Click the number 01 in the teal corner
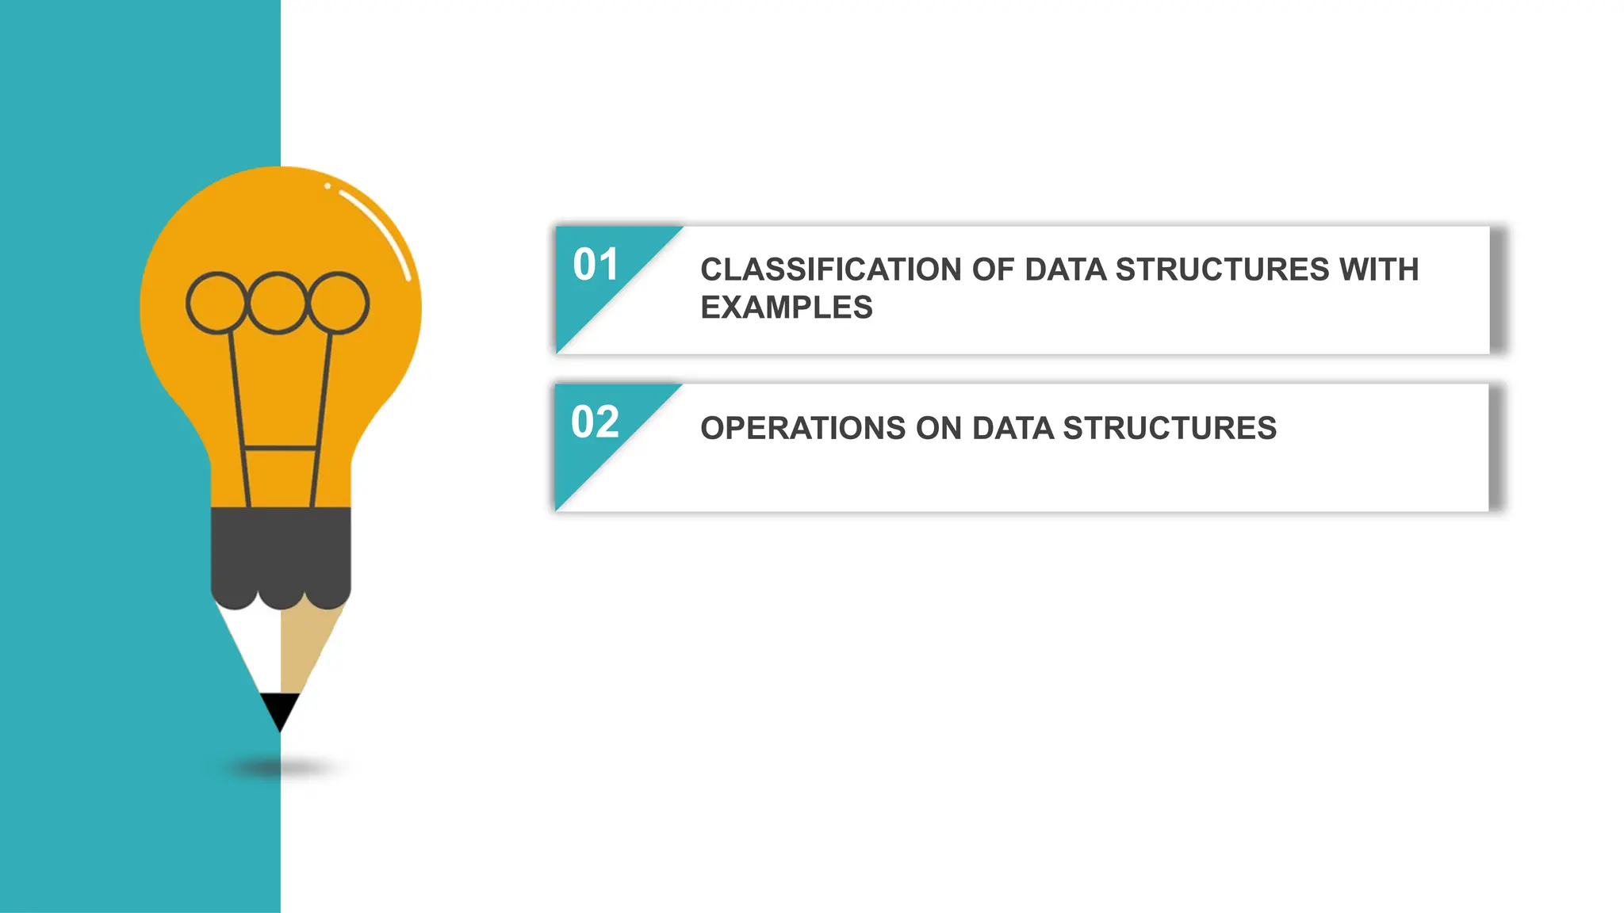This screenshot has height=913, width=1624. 595,265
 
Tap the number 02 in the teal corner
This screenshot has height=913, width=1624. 595,422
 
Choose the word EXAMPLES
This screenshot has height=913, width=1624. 786,308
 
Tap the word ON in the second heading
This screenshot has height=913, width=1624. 938,429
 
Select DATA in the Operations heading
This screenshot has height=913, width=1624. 1013,429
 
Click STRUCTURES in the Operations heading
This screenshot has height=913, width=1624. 1169,429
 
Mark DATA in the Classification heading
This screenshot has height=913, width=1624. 1065,270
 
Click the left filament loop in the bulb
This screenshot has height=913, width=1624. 216,303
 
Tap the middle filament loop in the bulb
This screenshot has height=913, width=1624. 277,303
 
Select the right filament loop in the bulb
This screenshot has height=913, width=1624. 339,303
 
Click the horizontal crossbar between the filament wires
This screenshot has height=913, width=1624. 281,449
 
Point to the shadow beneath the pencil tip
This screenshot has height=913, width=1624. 280,767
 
